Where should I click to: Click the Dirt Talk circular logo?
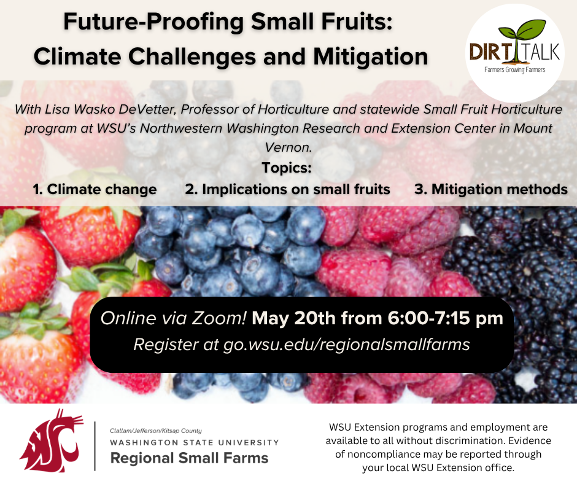pyautogui.click(x=514, y=53)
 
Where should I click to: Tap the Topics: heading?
pyautogui.click(x=287, y=168)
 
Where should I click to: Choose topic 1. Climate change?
pyautogui.click(x=95, y=189)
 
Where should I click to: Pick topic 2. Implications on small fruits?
pyautogui.click(x=287, y=189)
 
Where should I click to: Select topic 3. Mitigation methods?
pyautogui.click(x=490, y=189)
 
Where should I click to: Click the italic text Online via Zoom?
pyautogui.click(x=174, y=319)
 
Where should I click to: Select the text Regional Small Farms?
pyautogui.click(x=189, y=458)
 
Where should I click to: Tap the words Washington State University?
pyautogui.click(x=194, y=442)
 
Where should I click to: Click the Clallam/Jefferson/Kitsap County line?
pyautogui.click(x=155, y=431)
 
